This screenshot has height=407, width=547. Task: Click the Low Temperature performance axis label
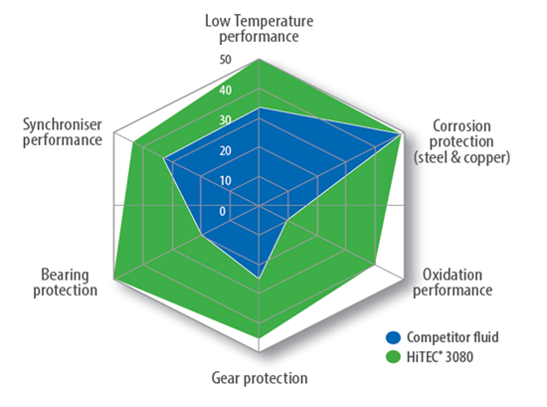point(259,29)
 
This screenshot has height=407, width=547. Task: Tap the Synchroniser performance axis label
point(63,132)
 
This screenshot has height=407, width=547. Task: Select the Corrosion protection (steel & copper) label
point(461,141)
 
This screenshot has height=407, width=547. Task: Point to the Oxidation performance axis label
point(453,283)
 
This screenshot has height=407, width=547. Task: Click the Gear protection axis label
point(260,378)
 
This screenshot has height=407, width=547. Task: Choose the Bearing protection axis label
point(66,283)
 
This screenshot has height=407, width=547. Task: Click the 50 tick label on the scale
point(226,60)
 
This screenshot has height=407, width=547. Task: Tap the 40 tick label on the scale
point(226,91)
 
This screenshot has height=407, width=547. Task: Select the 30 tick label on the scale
point(226,120)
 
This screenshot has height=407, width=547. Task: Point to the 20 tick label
point(226,151)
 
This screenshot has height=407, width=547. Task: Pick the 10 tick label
point(226,181)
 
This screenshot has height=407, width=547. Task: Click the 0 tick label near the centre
point(223,211)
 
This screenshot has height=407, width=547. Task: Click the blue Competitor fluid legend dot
point(393,337)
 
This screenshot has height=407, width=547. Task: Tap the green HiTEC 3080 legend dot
point(393,357)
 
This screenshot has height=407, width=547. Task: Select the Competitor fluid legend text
point(453,337)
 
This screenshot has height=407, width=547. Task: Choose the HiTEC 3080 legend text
point(440,357)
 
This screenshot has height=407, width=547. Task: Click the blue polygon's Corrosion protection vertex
point(400,134)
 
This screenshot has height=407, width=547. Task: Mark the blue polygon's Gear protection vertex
point(259,279)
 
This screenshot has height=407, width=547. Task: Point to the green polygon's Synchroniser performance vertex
point(134,142)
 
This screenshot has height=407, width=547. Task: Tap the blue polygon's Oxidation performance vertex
point(286,221)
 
